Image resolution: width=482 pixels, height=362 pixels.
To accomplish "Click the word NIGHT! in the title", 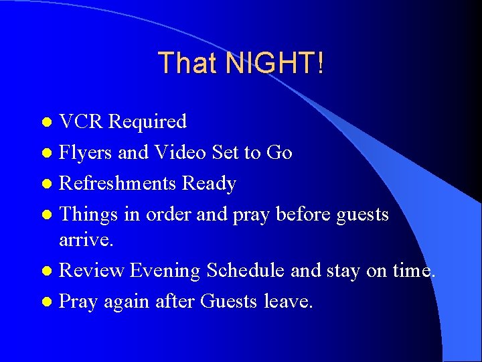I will coord(275,64).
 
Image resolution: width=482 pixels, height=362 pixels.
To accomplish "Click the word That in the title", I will coord(188,64).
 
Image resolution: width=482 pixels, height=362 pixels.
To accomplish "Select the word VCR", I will coord(81,122).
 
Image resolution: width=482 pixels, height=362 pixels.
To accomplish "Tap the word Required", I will coord(147,122).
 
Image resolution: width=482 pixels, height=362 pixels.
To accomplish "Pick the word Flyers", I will coord(86,153).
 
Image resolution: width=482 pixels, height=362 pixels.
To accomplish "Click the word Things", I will coord(89,215).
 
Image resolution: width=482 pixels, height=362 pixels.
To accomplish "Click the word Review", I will coord(92,271).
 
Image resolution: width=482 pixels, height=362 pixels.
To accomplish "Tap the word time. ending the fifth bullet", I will coord(411,271).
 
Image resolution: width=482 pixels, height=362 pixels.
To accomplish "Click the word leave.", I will coord(288,302).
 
